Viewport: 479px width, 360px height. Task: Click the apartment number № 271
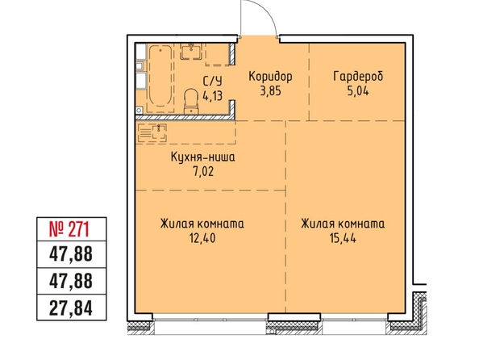(x=69, y=229)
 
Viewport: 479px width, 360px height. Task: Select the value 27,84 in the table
(x=71, y=308)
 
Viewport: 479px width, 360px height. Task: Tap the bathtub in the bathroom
(x=160, y=76)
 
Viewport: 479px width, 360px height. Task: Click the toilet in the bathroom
(x=191, y=101)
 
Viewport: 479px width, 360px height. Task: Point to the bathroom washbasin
(x=191, y=51)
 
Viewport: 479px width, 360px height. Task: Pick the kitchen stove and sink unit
(x=152, y=133)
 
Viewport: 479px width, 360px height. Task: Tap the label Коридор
(x=270, y=76)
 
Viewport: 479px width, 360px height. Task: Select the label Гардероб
(x=358, y=77)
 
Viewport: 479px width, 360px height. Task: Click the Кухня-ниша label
(x=203, y=157)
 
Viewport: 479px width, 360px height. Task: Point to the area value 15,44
(x=343, y=238)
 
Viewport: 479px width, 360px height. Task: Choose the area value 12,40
(x=202, y=238)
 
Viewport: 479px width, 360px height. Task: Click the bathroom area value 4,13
(x=213, y=96)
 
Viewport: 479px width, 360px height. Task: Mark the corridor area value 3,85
(x=270, y=91)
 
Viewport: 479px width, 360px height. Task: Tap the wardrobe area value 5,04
(x=358, y=91)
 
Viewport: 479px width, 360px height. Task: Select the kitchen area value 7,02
(x=203, y=172)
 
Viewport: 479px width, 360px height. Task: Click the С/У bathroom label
(x=213, y=82)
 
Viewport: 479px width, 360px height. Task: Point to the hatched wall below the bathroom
(x=183, y=117)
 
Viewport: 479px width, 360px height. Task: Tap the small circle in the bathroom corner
(x=139, y=110)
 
